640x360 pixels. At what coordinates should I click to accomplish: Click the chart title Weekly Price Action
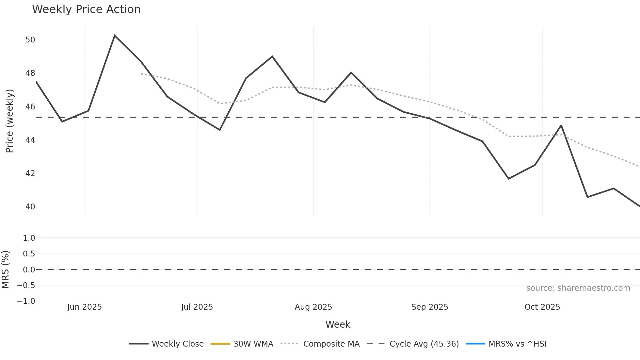(x=86, y=9)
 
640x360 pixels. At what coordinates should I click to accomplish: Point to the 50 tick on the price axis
(x=30, y=40)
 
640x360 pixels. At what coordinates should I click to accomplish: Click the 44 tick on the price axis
(x=30, y=140)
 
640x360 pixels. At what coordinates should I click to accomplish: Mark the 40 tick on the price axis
(x=30, y=207)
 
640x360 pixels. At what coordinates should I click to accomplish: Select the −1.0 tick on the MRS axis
(x=26, y=301)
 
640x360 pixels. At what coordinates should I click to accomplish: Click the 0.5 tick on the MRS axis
(x=29, y=254)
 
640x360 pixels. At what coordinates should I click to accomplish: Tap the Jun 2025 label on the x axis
(x=85, y=307)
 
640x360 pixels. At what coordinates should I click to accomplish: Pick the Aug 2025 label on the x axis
(x=313, y=307)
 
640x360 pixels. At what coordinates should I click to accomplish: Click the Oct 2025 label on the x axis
(x=542, y=307)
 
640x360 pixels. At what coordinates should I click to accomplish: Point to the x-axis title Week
(x=338, y=324)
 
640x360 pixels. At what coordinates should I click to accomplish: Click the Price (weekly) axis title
(x=9, y=121)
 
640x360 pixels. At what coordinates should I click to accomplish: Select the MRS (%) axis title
(x=5, y=270)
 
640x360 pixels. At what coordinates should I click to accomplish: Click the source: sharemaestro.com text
(x=578, y=288)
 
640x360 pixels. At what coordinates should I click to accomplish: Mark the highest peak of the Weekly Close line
(x=115, y=36)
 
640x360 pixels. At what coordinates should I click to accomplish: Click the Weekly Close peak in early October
(x=561, y=125)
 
